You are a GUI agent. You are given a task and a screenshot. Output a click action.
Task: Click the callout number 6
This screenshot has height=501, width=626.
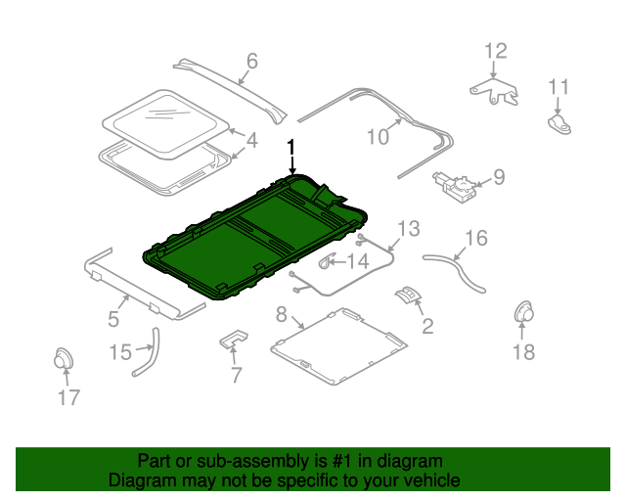point(252,61)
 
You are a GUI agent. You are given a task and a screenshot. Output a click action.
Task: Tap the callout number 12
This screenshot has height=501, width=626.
point(496,51)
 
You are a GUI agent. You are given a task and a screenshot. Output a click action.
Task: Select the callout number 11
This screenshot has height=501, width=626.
point(559,87)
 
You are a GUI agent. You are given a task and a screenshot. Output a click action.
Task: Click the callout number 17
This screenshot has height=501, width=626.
point(68,397)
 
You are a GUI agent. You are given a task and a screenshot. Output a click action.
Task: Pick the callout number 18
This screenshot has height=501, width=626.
point(523,352)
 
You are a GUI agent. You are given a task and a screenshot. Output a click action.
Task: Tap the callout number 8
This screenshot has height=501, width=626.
point(282,314)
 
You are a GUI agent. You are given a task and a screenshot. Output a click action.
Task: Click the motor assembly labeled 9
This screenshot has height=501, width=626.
point(454,187)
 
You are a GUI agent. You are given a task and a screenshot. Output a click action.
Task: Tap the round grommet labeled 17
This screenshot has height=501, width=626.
point(64,358)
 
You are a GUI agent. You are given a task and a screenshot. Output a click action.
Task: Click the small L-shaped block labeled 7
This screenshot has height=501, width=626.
point(234,339)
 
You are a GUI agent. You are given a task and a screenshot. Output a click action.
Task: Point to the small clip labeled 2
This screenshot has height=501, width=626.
point(408,295)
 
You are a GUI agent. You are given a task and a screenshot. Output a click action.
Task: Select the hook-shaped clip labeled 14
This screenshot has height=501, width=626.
point(327,261)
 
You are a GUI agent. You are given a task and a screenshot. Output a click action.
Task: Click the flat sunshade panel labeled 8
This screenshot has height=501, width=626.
point(338,346)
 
